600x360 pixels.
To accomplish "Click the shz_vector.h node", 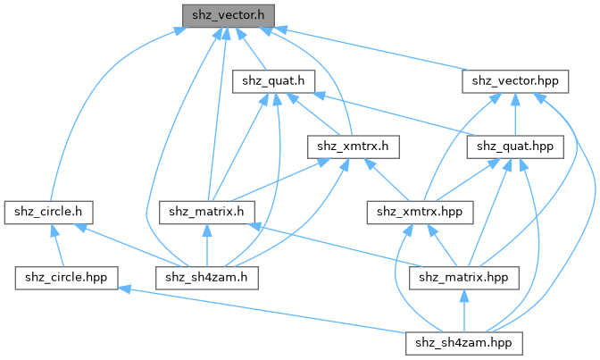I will [227, 15].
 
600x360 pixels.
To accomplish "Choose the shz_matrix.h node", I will [207, 212].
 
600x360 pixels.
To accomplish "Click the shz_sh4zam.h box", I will [207, 277].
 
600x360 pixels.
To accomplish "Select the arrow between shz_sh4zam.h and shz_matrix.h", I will [207, 245].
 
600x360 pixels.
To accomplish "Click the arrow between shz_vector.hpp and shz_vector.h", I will [375, 48].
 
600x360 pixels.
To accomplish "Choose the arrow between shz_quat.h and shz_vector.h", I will [251, 48].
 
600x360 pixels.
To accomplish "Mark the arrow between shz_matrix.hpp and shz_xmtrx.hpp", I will [438, 245].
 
